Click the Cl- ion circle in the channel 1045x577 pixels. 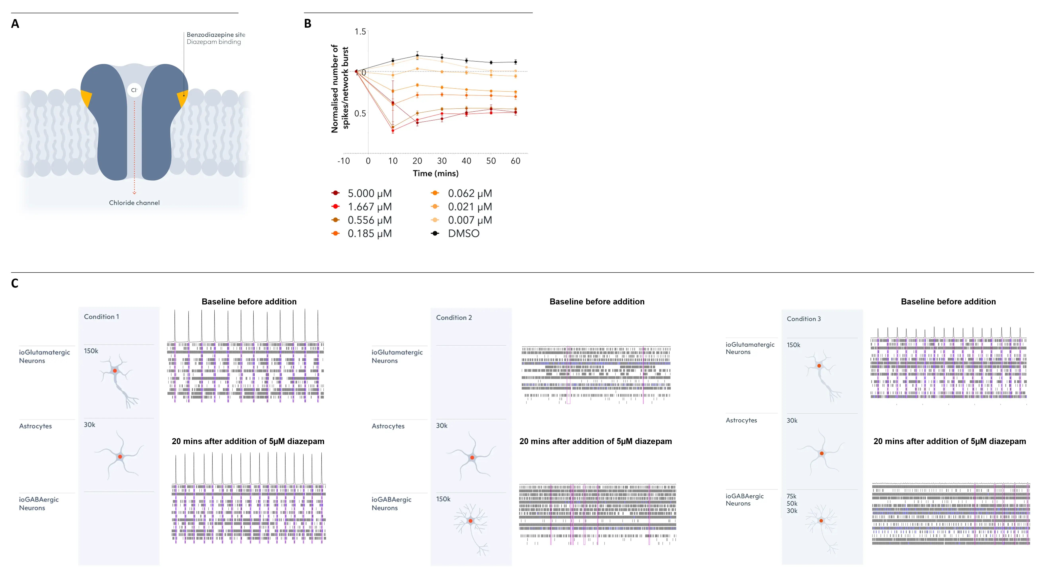tap(134, 90)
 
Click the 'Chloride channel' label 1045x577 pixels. tap(134, 203)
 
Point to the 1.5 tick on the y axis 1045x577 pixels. tap(360, 32)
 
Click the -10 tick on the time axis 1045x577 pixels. tap(344, 161)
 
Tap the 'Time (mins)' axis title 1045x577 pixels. tap(436, 174)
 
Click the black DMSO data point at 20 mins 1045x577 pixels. tap(417, 56)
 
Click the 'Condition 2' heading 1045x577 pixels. tap(454, 318)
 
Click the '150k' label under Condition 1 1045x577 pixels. tap(91, 351)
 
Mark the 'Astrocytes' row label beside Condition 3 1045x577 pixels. tap(741, 420)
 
